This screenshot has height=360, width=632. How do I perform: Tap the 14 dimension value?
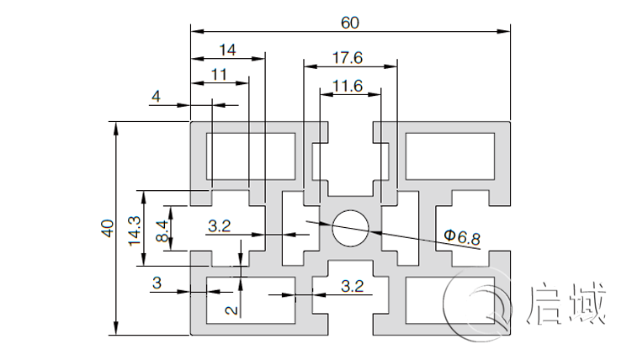[227, 50]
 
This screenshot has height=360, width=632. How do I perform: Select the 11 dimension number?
[219, 74]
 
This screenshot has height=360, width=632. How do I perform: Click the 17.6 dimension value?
[348, 58]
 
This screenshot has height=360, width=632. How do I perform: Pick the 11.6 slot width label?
[348, 85]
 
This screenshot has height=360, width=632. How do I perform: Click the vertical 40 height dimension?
[107, 228]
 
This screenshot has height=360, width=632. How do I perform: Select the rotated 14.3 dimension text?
[134, 228]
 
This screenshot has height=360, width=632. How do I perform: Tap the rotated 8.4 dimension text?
[163, 228]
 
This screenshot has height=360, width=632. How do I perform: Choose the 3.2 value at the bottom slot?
[353, 286]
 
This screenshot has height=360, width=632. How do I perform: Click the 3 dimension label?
[157, 283]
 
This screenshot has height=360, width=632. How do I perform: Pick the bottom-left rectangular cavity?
[252, 299]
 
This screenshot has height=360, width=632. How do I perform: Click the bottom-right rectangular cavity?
[447, 299]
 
